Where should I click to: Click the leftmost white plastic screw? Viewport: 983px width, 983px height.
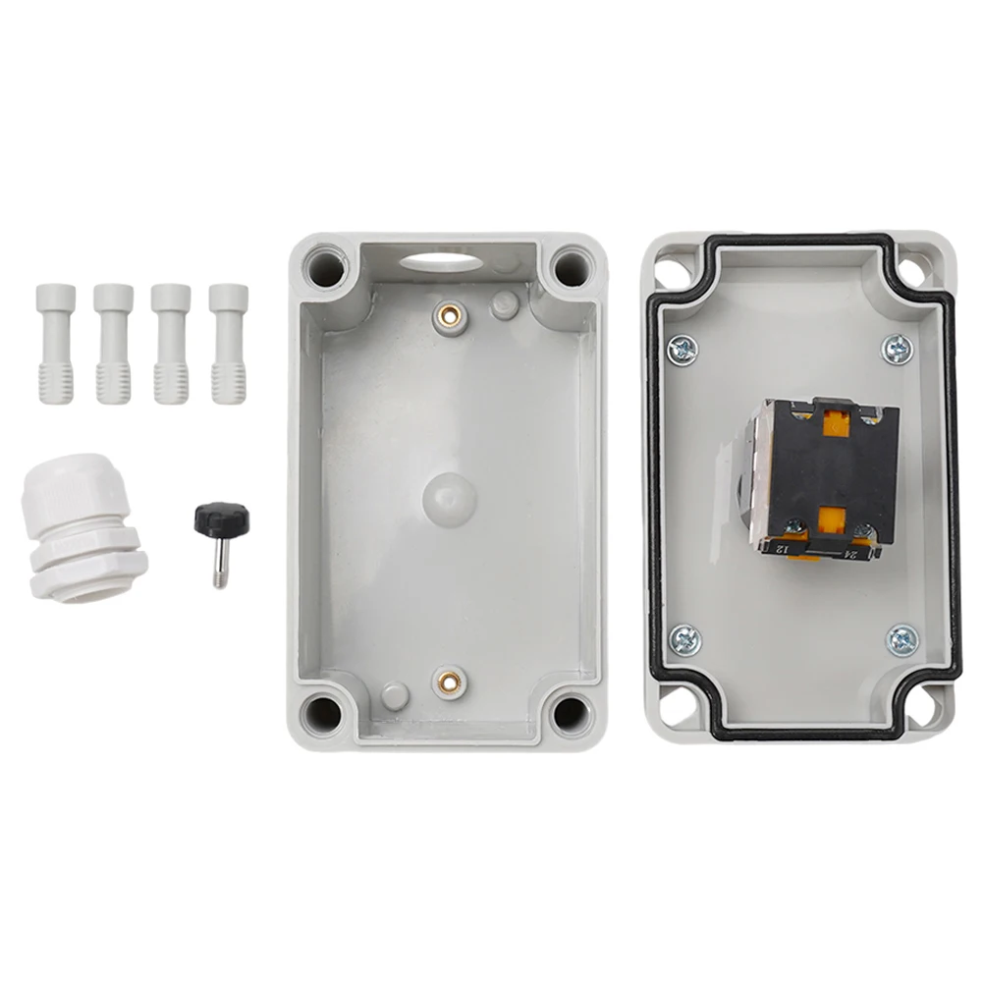tap(56, 343)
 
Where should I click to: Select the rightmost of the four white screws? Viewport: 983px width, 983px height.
tap(228, 343)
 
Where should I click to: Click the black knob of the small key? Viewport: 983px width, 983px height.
tap(221, 518)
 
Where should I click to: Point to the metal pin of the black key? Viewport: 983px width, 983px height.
tap(221, 565)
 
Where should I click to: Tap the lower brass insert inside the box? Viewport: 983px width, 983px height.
tap(449, 680)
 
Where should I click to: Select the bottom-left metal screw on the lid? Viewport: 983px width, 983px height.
tap(684, 641)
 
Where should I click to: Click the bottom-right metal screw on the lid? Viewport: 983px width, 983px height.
tap(901, 639)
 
